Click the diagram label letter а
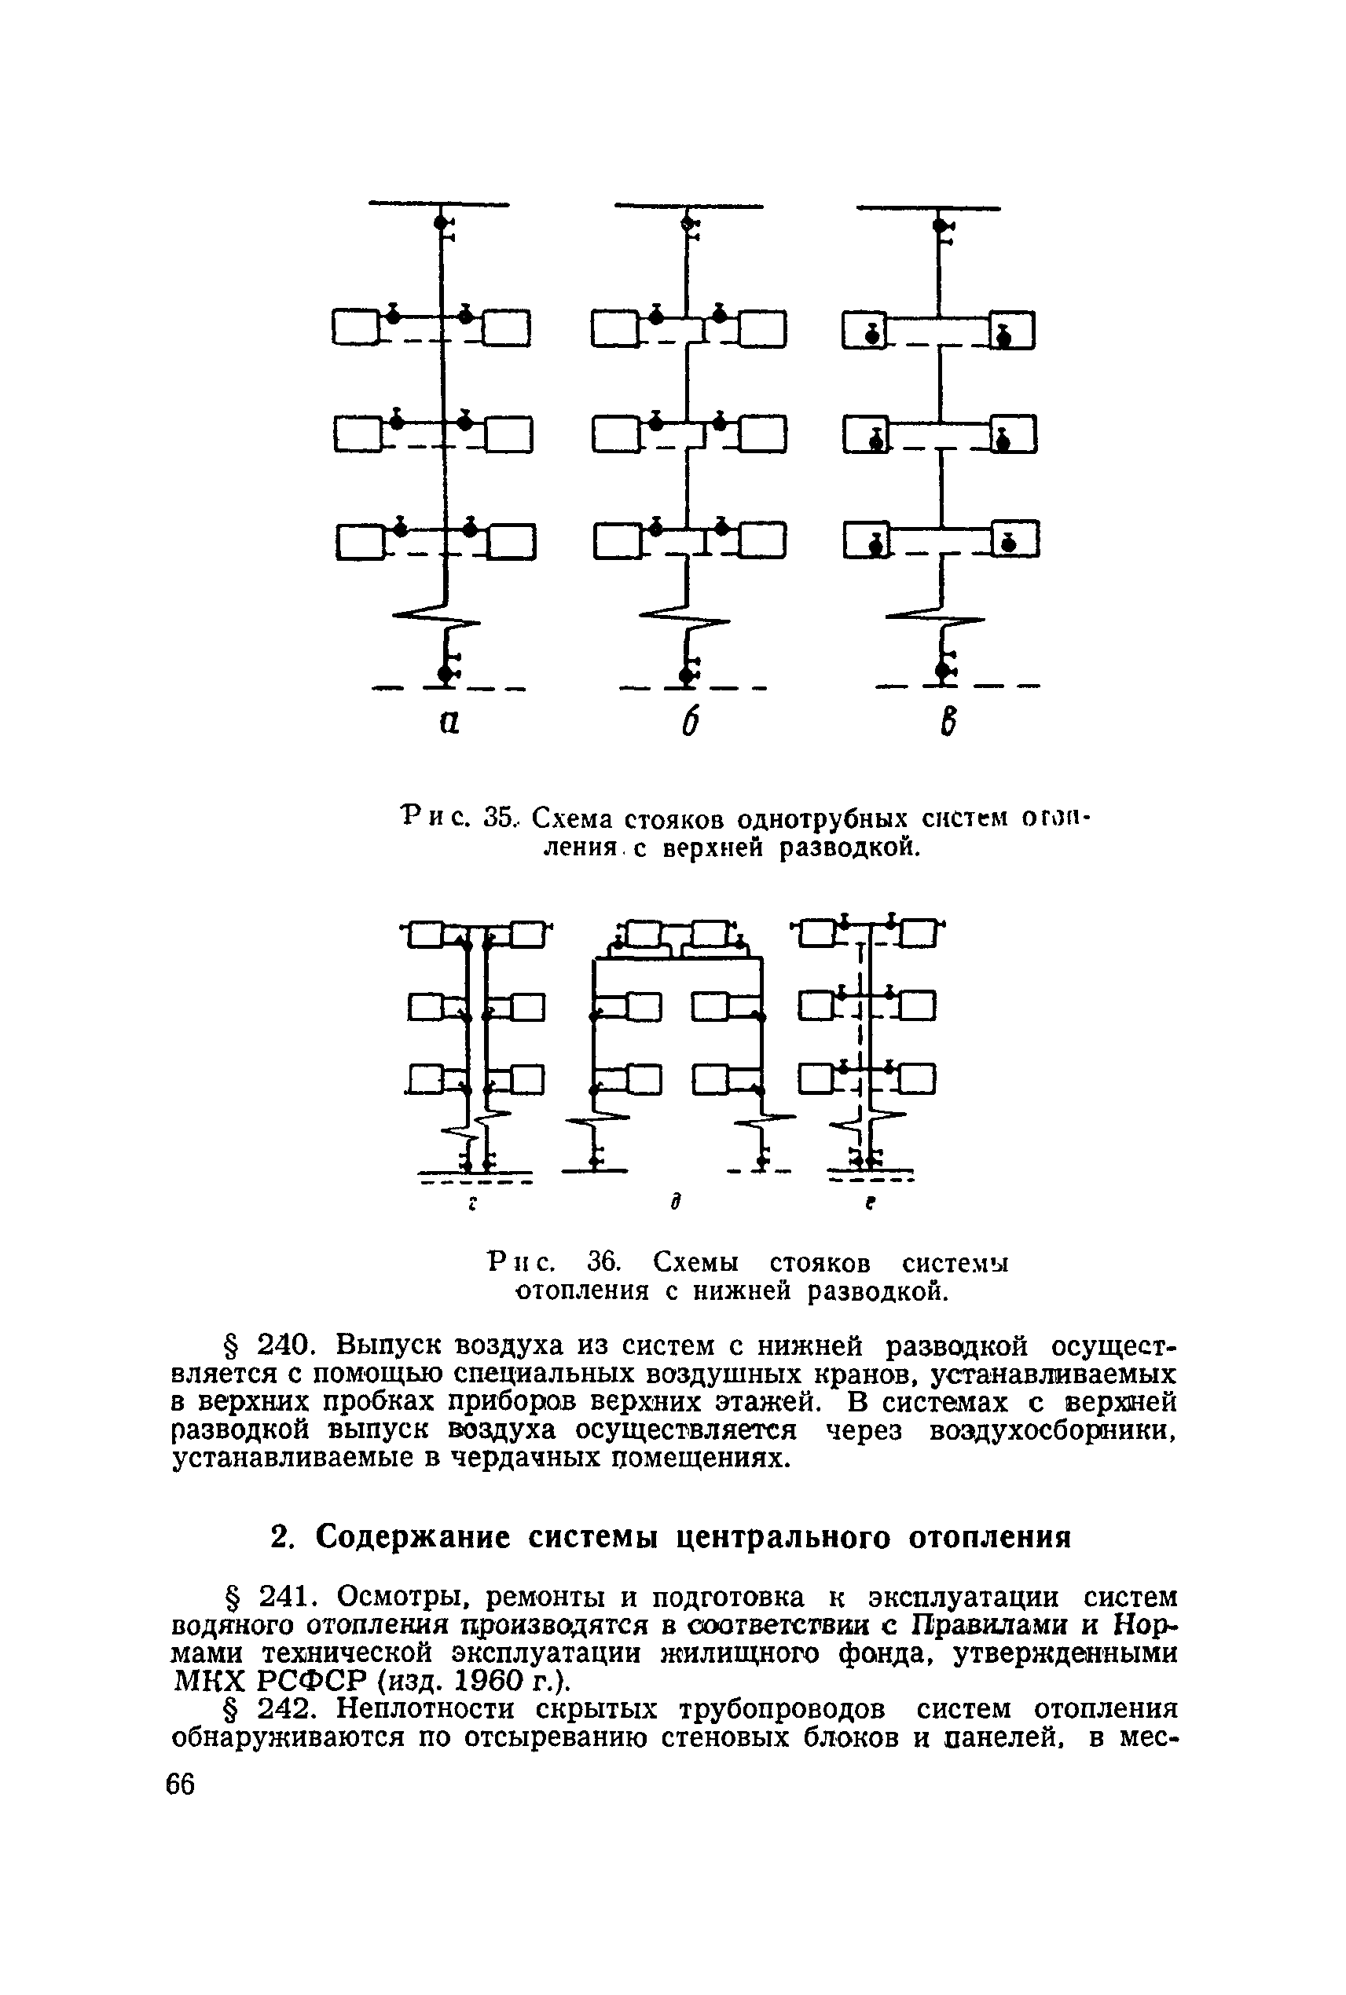tap(448, 723)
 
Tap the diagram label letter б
tap(689, 723)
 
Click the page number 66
tap(179, 1785)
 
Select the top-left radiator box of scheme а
tap(355, 327)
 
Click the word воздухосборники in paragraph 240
tap(1051, 1430)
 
